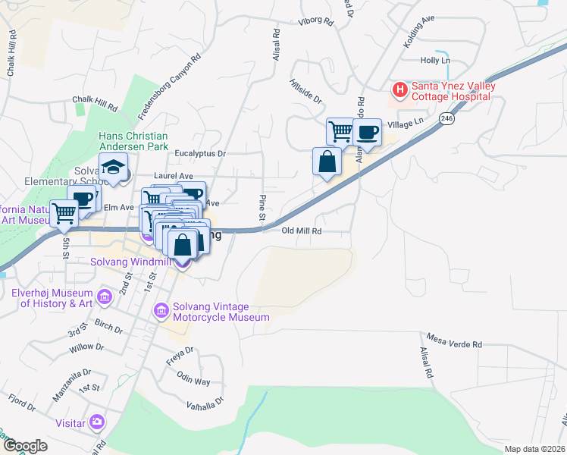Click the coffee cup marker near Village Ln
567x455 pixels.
point(367,133)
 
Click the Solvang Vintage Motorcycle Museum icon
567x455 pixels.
point(161,310)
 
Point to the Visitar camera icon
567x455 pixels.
point(96,422)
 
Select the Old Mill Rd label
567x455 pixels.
point(302,231)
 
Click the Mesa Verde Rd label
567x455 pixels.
point(455,344)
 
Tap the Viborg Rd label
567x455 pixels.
point(317,22)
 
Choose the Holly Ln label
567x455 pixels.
point(435,60)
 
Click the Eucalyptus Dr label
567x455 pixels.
point(201,153)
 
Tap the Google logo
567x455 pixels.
point(26,446)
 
